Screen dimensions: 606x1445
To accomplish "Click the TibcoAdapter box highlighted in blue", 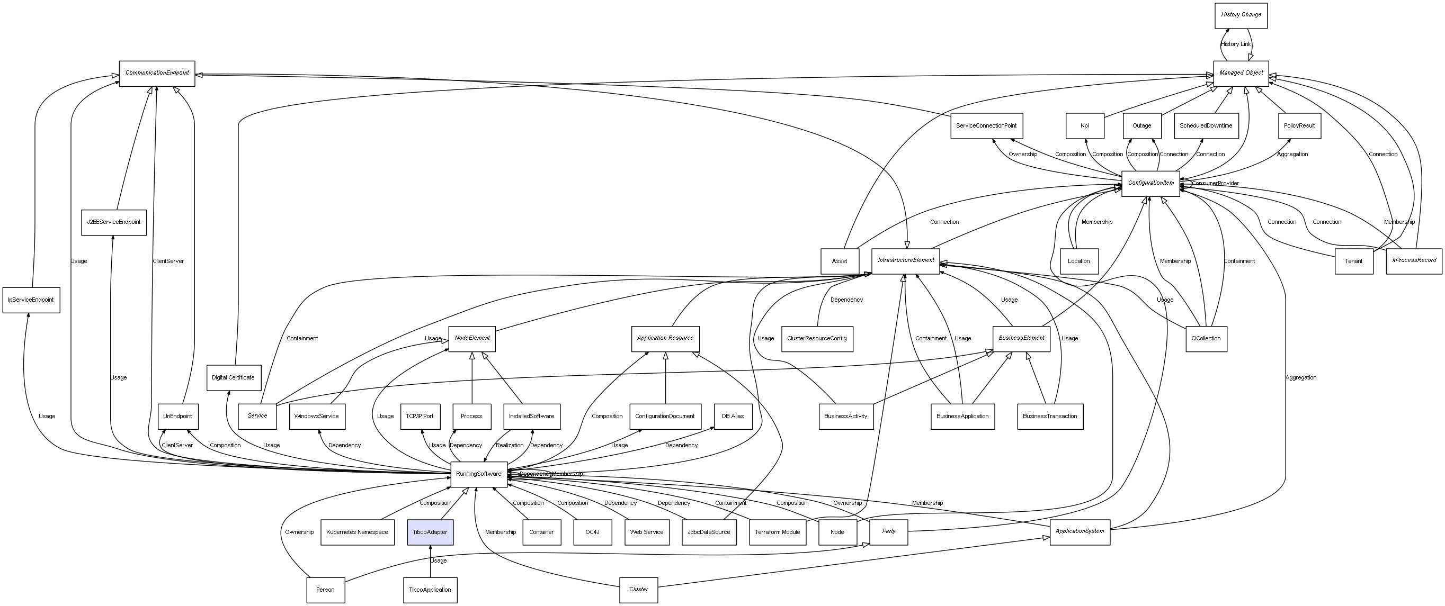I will click(430, 532).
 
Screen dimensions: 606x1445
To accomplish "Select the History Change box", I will click(1241, 15).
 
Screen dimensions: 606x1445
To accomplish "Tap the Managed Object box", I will click(1241, 74).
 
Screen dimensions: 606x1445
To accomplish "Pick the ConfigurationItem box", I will click(1150, 183).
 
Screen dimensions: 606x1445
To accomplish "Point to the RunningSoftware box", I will click(478, 474).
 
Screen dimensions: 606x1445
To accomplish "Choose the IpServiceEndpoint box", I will click(31, 300).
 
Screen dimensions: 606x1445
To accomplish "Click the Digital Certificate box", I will click(234, 378).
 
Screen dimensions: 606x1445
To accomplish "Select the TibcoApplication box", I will click(430, 590).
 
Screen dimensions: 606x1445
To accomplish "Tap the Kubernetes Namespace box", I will click(357, 532).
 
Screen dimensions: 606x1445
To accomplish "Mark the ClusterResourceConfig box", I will click(817, 339).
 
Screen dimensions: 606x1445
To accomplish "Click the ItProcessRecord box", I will click(1414, 261).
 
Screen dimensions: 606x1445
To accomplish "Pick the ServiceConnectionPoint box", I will click(986, 125).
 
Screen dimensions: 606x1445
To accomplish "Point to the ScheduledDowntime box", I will click(1206, 125).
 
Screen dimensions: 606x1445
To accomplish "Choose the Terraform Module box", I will click(778, 532).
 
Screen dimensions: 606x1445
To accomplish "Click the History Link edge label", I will click(1236, 44).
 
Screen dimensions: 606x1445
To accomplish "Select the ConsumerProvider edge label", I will click(1216, 183).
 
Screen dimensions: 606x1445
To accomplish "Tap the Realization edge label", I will click(510, 445).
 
